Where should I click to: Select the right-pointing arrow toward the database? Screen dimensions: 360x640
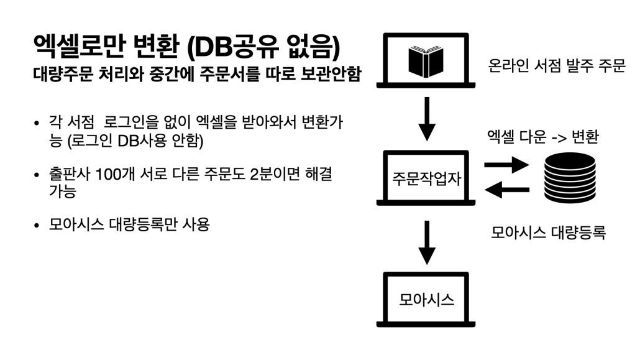coord(506,165)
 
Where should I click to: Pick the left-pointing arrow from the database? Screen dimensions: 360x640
coord(506,190)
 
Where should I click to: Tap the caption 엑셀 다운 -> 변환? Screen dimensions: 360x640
coord(543,137)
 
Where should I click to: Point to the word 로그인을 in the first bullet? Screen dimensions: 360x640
coord(132,122)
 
